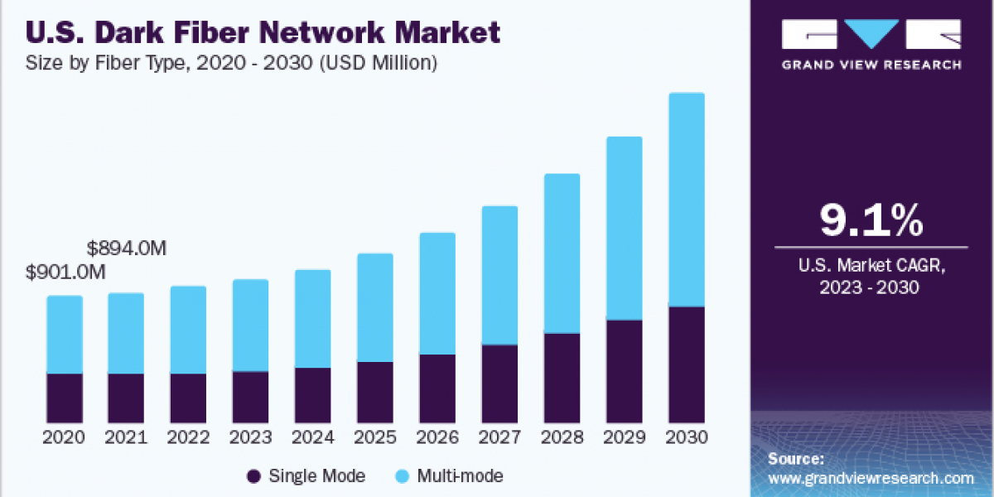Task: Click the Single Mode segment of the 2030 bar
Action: [x=686, y=364]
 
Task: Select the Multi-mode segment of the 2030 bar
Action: [x=686, y=200]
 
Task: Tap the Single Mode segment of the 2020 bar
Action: [x=65, y=398]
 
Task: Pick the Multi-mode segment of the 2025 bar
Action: [x=375, y=307]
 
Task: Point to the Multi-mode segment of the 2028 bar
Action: [x=562, y=253]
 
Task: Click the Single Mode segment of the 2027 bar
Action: [x=499, y=384]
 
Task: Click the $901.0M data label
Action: [x=65, y=272]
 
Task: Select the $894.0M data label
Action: [x=127, y=248]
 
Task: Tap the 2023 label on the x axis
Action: [x=251, y=437]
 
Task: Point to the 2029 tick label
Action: [x=624, y=437]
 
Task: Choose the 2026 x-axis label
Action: [x=437, y=437]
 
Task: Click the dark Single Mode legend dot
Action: [x=254, y=475]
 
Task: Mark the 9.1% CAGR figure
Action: [x=871, y=221]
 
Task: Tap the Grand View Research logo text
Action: [x=871, y=65]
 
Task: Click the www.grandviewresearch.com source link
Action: [x=871, y=478]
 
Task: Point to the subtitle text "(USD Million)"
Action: [x=384, y=62]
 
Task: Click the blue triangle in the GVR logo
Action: [x=871, y=34]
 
